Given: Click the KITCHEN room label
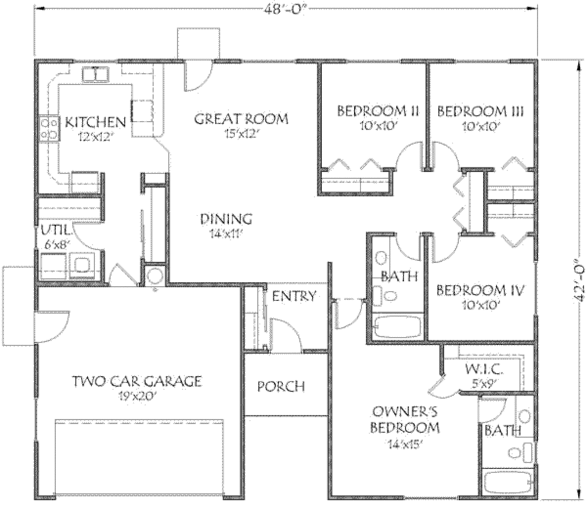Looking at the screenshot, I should (x=95, y=122).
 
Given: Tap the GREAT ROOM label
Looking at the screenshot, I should (x=241, y=119).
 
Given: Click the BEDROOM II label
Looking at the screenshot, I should (x=371, y=111).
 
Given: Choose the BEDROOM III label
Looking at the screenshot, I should (x=480, y=111).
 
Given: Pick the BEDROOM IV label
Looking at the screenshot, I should (x=480, y=290).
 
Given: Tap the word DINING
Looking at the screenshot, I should (x=226, y=219).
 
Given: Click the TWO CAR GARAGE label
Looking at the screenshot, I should (x=137, y=381).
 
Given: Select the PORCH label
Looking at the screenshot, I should (x=281, y=387).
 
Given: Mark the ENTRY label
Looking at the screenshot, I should (x=293, y=296).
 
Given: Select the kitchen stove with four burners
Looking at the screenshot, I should (x=49, y=128).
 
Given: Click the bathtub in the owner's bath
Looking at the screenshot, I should (x=507, y=481).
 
